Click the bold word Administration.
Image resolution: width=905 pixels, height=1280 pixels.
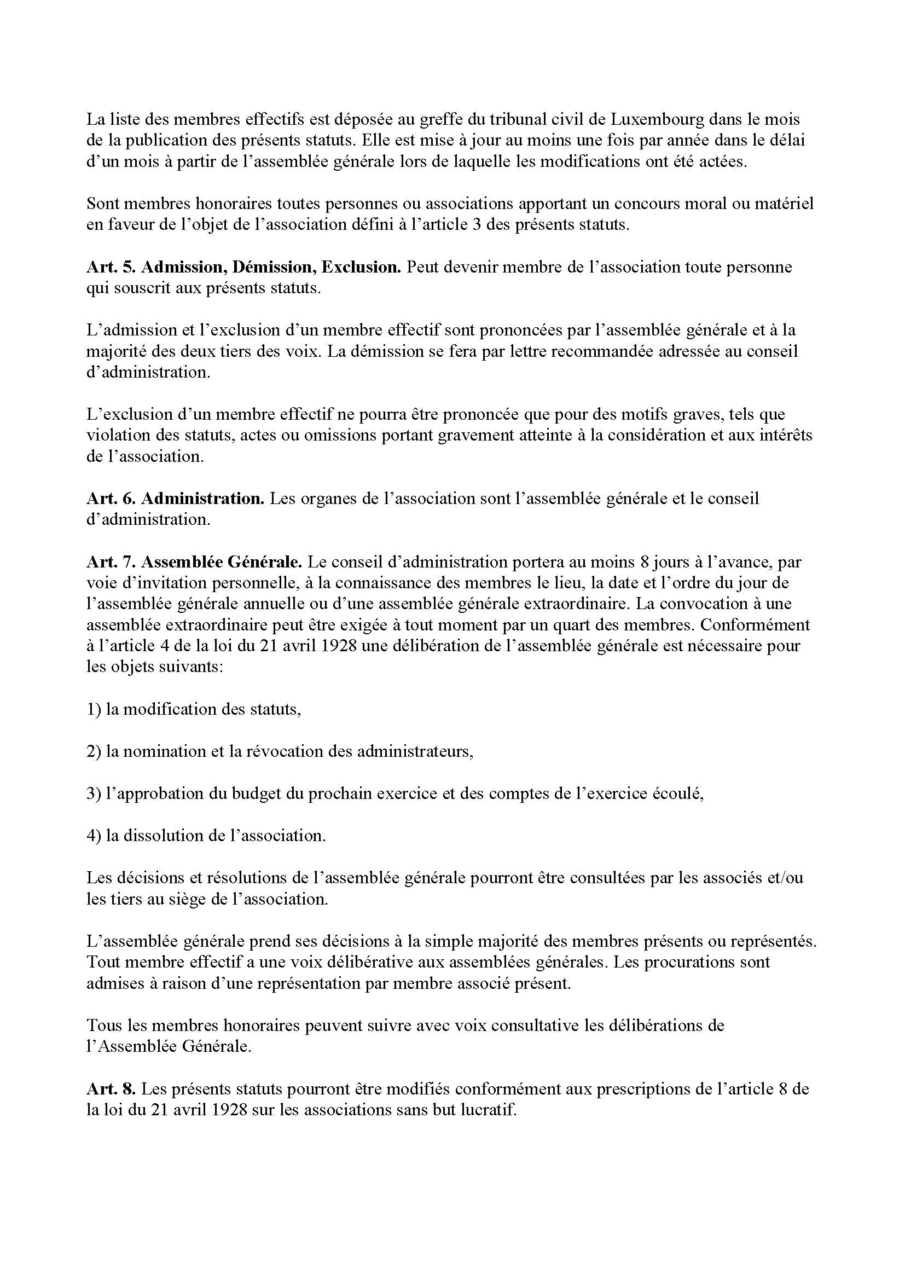click(x=203, y=498)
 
